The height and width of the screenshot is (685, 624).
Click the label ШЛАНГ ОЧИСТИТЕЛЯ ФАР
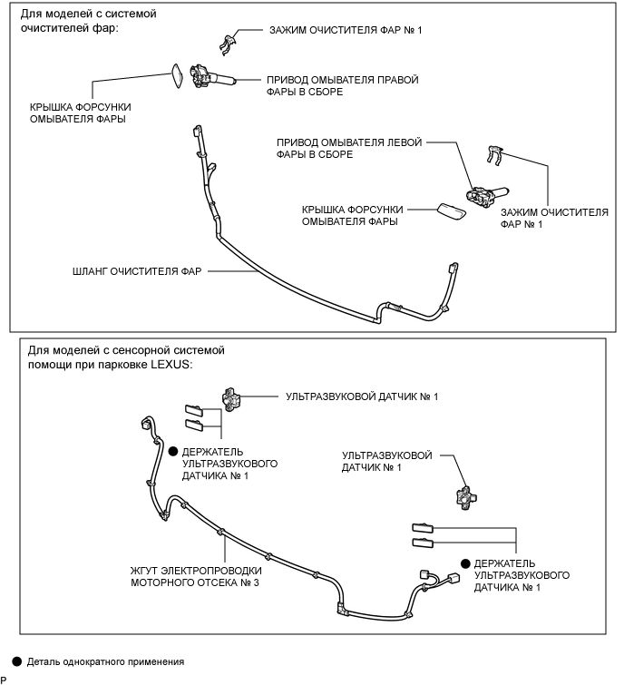point(138,269)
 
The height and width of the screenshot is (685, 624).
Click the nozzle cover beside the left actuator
point(451,210)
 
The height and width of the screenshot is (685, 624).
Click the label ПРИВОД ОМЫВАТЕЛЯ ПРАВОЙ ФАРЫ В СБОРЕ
point(342,86)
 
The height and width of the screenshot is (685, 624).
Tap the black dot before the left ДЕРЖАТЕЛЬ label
point(172,450)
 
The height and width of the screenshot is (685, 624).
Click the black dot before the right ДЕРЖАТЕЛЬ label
point(465,563)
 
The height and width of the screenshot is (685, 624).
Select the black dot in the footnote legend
point(11,661)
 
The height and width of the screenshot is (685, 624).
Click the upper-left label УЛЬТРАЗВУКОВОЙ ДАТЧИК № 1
point(362,396)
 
